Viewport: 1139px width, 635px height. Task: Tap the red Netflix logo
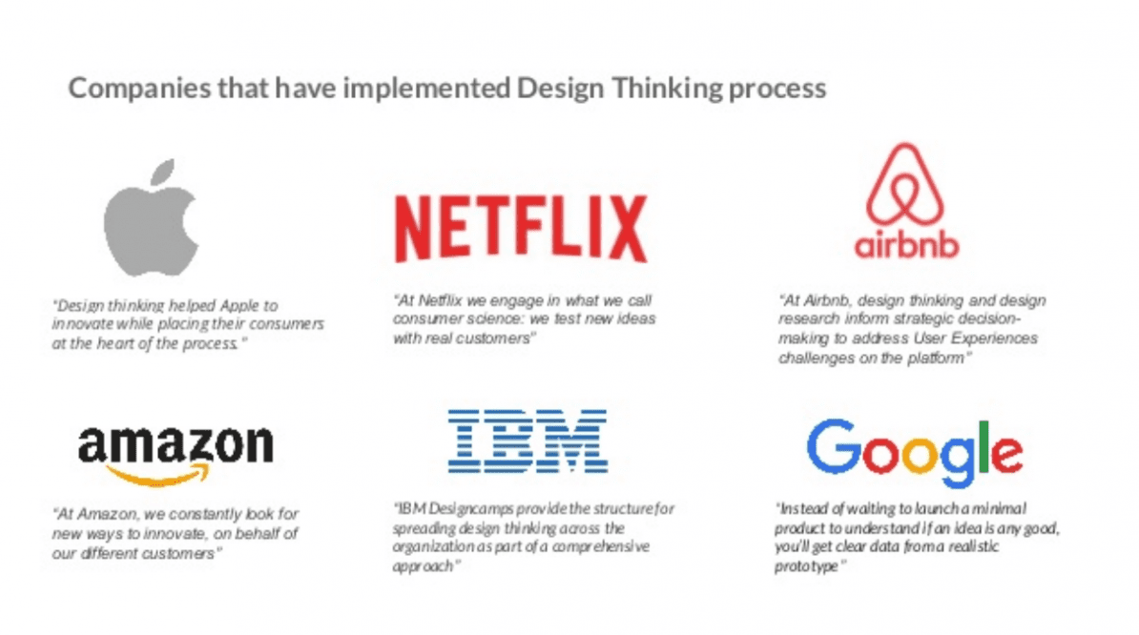521,228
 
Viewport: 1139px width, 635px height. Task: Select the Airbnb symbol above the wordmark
905,184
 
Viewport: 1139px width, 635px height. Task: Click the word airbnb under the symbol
906,245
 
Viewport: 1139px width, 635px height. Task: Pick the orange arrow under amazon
158,476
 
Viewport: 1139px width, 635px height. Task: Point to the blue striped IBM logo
528,441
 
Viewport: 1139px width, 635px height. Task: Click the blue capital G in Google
833,445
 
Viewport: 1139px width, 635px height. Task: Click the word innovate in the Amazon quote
172,533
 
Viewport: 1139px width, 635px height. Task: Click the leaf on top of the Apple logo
163,173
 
